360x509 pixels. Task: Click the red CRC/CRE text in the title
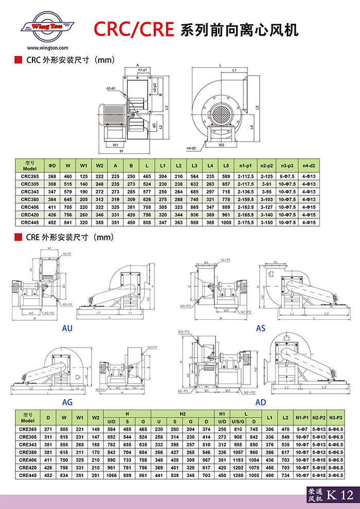coord(133,29)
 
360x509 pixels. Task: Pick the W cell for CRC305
coord(67,184)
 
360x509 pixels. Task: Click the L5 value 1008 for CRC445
coord(226,222)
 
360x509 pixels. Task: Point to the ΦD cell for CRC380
coord(52,199)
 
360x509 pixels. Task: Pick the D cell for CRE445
coord(48,476)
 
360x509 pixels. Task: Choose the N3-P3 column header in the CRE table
coord(336,416)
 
